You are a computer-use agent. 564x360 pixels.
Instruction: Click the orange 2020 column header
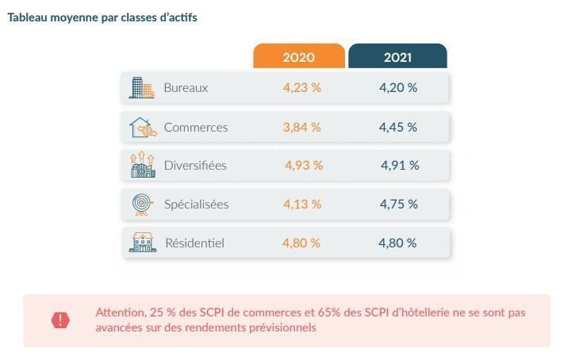pos(298,57)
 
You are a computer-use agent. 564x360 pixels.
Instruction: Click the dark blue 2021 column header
pos(397,57)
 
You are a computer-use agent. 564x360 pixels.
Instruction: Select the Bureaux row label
pos(186,88)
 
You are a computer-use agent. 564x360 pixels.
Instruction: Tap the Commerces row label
pos(195,127)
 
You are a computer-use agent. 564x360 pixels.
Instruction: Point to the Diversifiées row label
pos(195,166)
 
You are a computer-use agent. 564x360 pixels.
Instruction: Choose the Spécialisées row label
pos(196,205)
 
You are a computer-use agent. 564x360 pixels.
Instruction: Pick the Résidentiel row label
pos(194,243)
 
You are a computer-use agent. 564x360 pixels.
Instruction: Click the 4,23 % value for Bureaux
pos(302,88)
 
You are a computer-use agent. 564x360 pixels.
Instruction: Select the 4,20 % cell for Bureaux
pos(398,88)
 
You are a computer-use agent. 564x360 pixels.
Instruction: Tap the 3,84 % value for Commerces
pos(302,127)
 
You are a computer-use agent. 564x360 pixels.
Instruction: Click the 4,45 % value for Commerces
pos(398,127)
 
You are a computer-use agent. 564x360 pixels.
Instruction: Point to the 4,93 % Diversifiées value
pos(304,166)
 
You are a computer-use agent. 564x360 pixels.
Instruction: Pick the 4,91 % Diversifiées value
pos(400,166)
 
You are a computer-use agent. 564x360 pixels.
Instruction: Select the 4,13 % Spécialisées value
pos(302,205)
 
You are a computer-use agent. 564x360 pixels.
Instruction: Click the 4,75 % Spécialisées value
pos(398,205)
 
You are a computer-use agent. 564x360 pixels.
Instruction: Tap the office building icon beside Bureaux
pos(141,88)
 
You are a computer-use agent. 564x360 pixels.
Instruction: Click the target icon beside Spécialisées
pos(142,204)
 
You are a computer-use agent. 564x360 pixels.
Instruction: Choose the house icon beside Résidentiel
pos(142,243)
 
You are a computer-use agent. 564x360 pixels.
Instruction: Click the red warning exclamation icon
pos(60,320)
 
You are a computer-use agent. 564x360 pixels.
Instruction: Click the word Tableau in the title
pos(29,18)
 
